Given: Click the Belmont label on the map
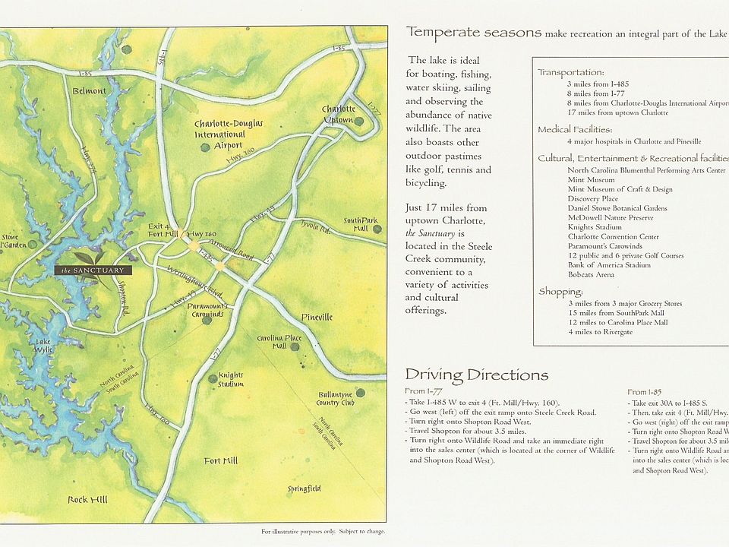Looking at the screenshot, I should point(90,91).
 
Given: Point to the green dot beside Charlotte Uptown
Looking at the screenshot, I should point(358,121).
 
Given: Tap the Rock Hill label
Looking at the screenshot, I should point(87,499).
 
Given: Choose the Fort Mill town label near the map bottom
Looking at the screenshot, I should point(220,461).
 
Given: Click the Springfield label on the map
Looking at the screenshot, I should point(304,489).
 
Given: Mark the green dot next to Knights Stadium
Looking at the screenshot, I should point(211,378).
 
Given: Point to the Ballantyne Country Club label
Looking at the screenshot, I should point(336,408).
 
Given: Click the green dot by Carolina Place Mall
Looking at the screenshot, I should point(295,346).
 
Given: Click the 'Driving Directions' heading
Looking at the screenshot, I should point(476,375).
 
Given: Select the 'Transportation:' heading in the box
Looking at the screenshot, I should point(570,72).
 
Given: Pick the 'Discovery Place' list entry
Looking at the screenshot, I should point(592,199).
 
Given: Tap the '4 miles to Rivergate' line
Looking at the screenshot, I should point(600,332).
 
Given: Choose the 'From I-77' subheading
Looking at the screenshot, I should point(424,391).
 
